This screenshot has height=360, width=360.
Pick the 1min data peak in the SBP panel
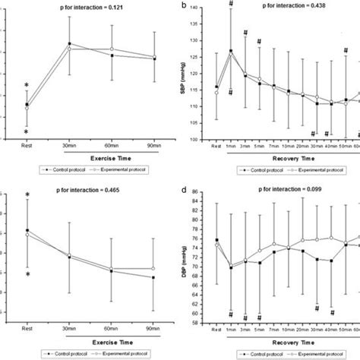point(230,51)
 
